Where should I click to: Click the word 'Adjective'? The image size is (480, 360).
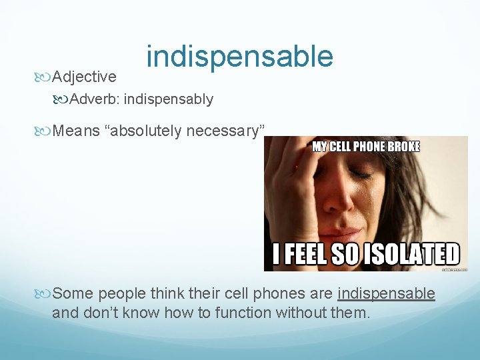tap(84, 77)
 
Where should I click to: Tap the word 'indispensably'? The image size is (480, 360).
tap(169, 99)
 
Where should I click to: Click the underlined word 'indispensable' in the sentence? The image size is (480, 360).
tap(387, 294)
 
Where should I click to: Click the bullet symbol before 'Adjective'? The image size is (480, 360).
tap(46, 77)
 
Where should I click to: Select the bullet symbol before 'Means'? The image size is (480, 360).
tap(46, 131)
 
